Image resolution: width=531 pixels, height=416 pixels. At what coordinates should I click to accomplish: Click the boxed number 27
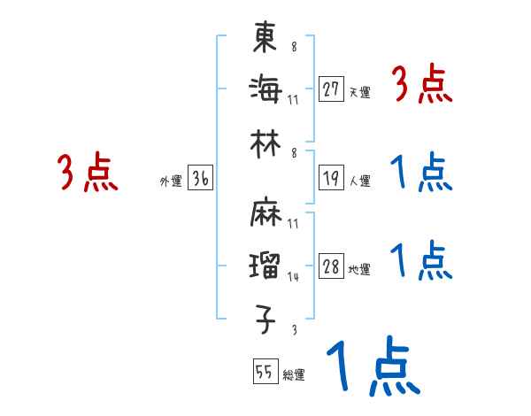331,89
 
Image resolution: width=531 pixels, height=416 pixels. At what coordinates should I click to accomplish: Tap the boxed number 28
331,267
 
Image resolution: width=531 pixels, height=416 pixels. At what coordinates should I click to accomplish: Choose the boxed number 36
200,179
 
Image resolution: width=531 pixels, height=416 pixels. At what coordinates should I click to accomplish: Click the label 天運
358,92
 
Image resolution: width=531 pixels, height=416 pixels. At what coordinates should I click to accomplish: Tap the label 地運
358,270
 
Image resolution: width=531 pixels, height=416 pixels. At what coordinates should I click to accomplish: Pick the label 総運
293,374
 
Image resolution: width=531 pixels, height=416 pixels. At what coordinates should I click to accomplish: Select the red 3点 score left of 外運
88,173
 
